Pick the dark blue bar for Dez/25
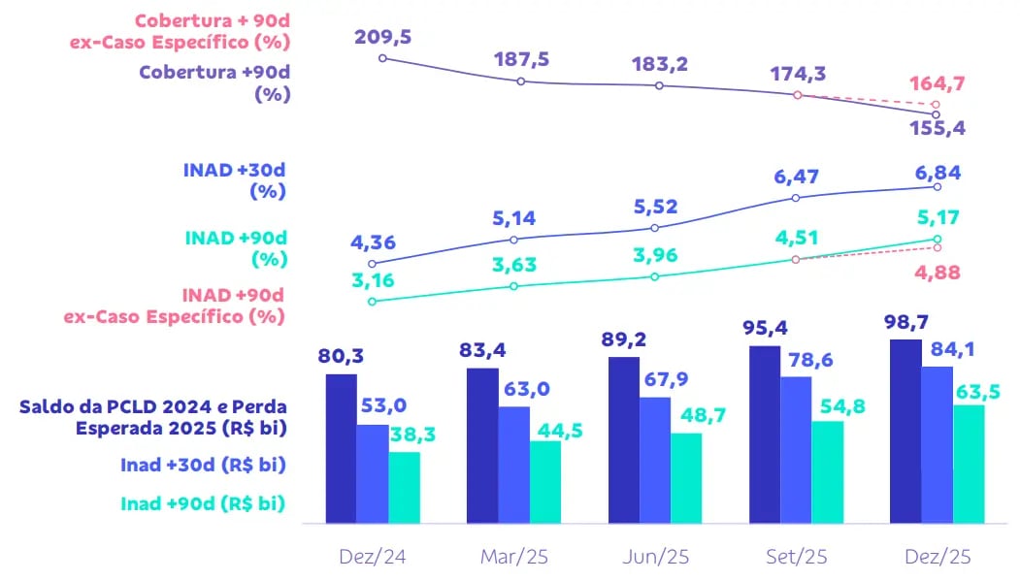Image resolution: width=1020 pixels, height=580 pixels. pyautogui.click(x=905, y=431)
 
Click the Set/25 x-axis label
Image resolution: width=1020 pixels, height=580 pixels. pyautogui.click(x=795, y=557)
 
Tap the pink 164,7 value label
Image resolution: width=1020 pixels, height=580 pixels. pyautogui.click(x=937, y=83)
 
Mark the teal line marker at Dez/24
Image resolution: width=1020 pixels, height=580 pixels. pyautogui.click(x=373, y=302)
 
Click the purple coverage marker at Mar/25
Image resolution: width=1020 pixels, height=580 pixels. pyautogui.click(x=521, y=81)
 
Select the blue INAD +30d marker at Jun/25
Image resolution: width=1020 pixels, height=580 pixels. pyautogui.click(x=655, y=228)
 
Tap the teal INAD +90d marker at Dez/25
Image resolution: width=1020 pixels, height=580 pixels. pyautogui.click(x=937, y=239)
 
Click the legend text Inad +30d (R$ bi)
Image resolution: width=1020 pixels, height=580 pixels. pyautogui.click(x=203, y=465)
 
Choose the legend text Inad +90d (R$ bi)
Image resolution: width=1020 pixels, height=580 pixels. pyautogui.click(x=203, y=503)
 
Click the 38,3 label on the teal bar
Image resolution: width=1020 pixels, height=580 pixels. pyautogui.click(x=412, y=435)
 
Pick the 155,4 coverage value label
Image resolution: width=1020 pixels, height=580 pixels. pyautogui.click(x=938, y=128)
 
